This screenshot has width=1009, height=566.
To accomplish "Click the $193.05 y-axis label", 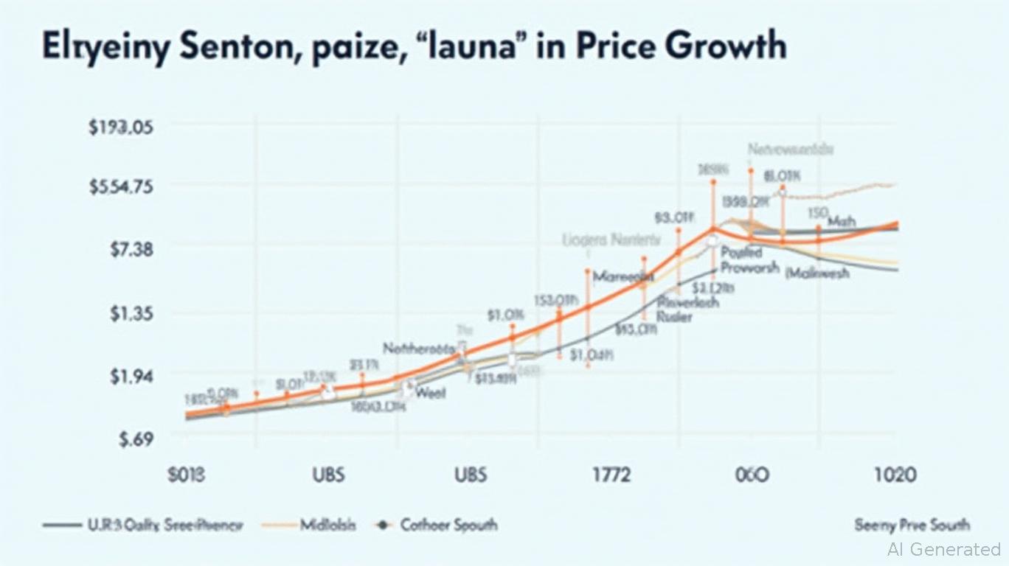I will coord(120,127).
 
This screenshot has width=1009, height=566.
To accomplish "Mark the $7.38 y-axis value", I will coord(131,250).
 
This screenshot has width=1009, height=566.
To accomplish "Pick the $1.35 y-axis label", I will coord(131,313).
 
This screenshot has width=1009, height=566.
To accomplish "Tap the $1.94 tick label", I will coord(131,376).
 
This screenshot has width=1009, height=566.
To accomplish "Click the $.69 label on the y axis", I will coord(133,439).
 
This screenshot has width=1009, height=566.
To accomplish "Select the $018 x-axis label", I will coord(187,474).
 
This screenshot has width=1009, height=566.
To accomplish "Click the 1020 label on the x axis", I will coord(895,474).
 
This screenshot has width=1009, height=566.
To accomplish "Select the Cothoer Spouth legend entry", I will coord(448,525).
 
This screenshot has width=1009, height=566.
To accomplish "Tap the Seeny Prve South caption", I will coord(912,525).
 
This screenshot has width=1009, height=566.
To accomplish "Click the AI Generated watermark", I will coord(944,549).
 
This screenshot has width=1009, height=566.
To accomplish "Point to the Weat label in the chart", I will coord(431,393).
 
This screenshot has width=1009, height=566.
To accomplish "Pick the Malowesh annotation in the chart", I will coord(817,273).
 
